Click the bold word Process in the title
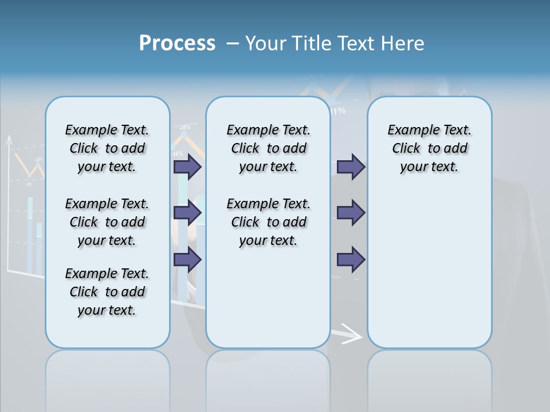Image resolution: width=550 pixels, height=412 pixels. [177, 43]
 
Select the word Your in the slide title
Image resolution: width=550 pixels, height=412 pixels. [266, 43]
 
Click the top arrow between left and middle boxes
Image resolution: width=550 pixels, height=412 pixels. [187, 167]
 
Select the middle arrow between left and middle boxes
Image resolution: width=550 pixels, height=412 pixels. [187, 213]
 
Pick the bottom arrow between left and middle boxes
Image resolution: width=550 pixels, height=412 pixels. [187, 260]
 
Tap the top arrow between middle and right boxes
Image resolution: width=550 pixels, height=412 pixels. [351, 167]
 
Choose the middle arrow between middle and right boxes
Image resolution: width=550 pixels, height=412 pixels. [351, 213]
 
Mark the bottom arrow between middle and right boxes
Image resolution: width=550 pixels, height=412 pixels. [351, 260]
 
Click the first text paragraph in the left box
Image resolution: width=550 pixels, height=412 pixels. [107, 148]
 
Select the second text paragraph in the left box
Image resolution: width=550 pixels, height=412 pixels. [107, 222]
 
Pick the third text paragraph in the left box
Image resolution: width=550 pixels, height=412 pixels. [107, 292]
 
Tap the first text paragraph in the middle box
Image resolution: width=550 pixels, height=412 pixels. [268, 148]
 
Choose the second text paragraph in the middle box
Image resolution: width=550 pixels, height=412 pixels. [268, 222]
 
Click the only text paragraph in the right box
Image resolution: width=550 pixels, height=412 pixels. [429, 148]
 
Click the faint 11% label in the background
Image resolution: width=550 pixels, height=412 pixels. [337, 111]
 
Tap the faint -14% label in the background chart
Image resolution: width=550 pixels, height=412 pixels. [177, 153]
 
